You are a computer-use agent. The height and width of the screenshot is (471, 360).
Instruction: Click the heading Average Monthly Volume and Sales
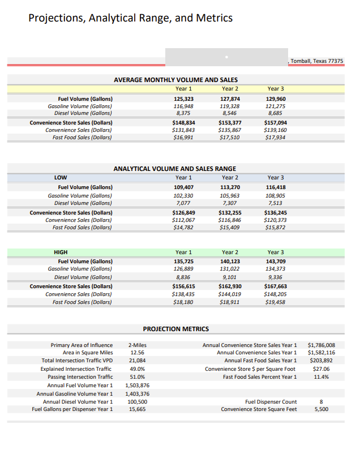[175, 80]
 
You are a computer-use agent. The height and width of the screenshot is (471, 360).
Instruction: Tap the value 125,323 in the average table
[183, 99]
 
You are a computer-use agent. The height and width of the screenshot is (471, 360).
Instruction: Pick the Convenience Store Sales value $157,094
[275, 122]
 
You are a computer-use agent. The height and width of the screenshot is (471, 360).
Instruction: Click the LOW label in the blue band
[61, 178]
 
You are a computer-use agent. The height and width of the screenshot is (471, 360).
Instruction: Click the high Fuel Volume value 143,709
[275, 261]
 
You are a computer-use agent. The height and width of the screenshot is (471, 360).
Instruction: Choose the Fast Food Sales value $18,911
[229, 302]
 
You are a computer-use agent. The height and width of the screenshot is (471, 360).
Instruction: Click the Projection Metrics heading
[175, 329]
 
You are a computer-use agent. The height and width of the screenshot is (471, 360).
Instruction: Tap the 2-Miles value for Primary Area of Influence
[137, 345]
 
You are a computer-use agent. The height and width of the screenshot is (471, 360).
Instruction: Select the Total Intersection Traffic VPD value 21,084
[137, 361]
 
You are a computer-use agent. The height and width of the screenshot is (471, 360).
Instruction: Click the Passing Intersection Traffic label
[80, 376]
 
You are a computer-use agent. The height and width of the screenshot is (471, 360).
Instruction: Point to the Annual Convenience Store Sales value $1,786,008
[321, 345]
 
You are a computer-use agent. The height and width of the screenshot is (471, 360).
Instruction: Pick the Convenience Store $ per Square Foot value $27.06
[321, 369]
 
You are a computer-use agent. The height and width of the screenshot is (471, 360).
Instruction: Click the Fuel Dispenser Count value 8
[321, 401]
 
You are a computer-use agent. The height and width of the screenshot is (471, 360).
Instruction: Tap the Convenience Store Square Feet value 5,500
[321, 409]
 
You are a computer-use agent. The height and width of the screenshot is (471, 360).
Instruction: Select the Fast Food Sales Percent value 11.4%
[321, 376]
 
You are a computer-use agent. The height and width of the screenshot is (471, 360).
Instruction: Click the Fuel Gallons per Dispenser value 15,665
[137, 409]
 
